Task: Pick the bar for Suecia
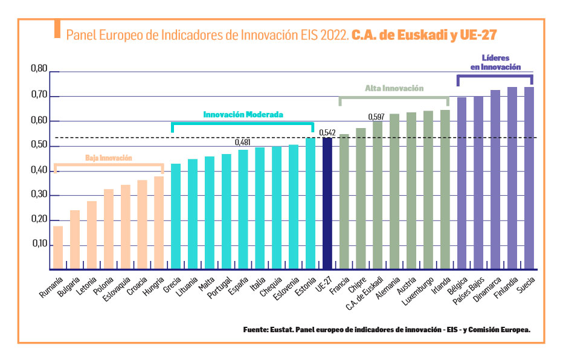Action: (529, 178)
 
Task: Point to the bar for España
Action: (243, 209)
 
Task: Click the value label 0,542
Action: (327, 132)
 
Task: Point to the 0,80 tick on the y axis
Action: (38, 71)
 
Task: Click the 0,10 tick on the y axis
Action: (38, 245)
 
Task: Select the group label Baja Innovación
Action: (108, 158)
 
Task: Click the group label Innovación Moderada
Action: (243, 114)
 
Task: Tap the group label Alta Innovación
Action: (394, 88)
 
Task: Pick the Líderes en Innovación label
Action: (495, 63)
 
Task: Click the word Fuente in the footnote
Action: (256, 330)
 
